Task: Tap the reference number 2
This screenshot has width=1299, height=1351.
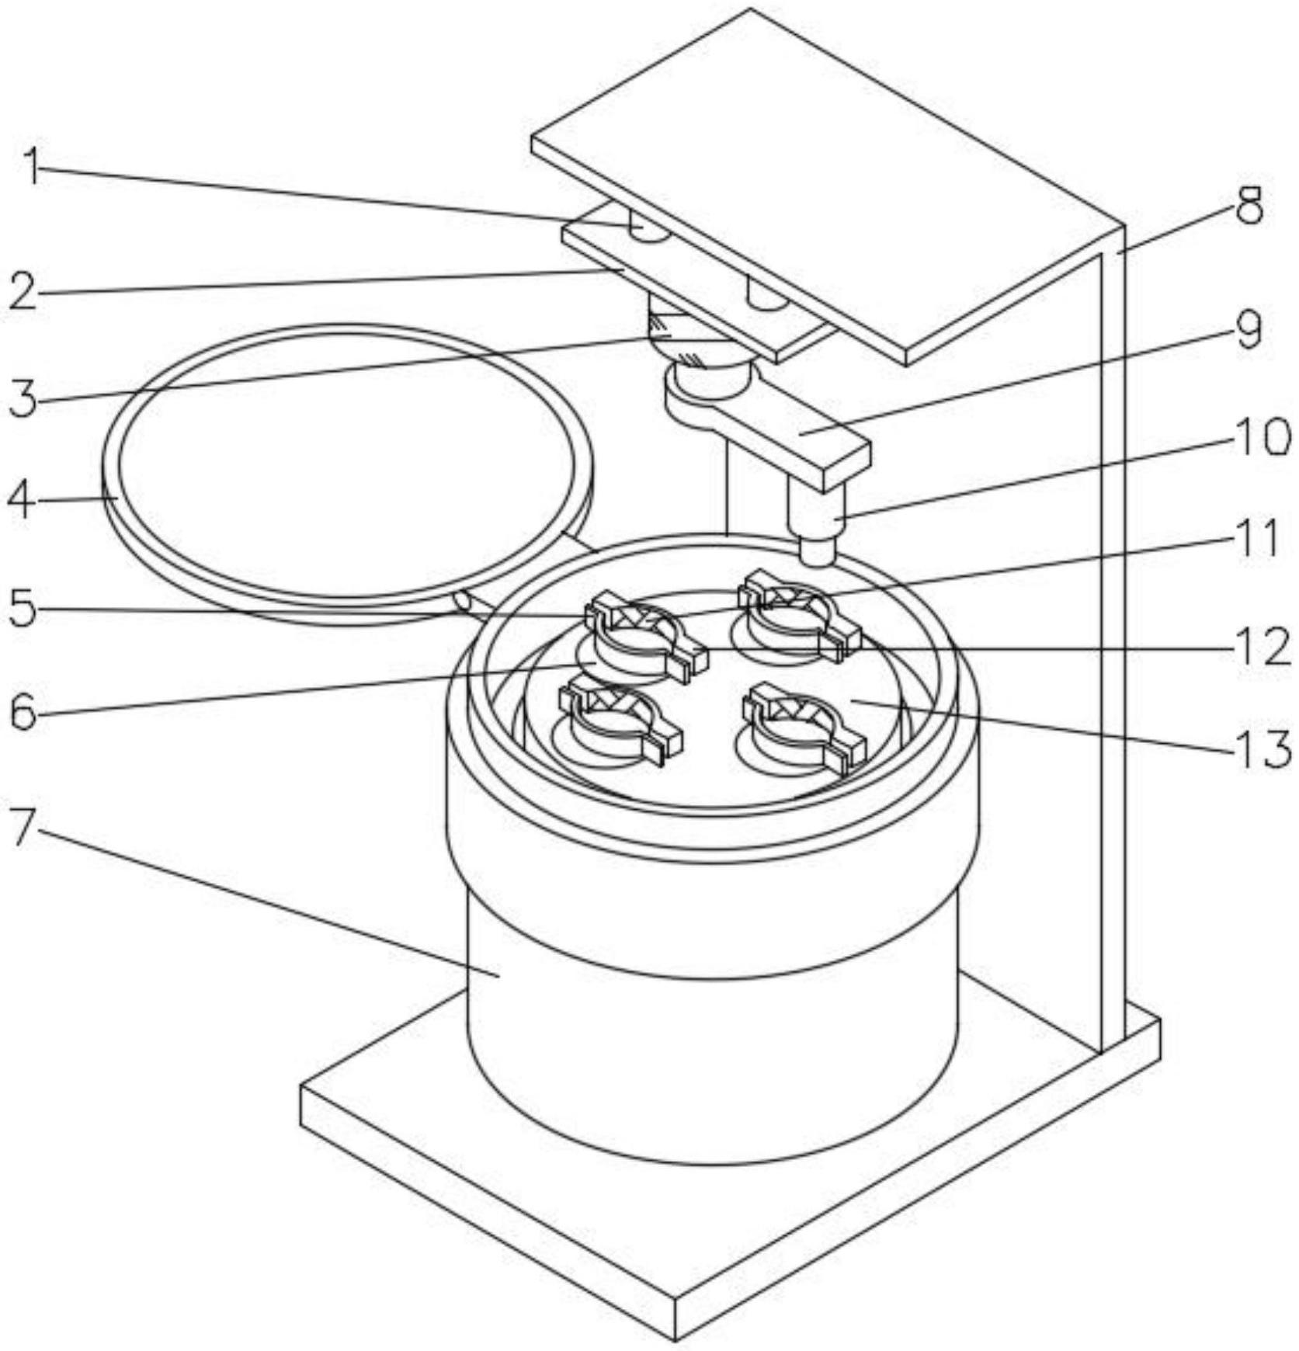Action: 23,292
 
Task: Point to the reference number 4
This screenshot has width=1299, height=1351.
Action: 21,499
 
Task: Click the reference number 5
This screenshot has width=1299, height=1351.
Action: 23,608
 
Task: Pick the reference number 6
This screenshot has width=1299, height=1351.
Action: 23,711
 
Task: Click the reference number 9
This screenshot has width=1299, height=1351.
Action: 1248,331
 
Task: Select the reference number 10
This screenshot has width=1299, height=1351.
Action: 1260,436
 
